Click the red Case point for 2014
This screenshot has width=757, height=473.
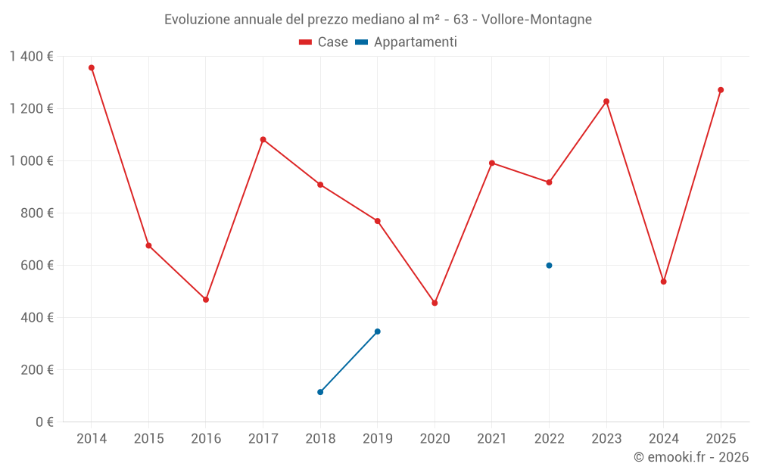point(92,67)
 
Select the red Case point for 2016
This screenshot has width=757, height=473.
point(206,300)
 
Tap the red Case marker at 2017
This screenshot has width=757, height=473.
point(263,139)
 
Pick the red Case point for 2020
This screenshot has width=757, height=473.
point(435,303)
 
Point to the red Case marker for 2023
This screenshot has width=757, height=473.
point(606,101)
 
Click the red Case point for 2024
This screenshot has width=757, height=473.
point(663,282)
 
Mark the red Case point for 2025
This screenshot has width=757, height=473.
point(721,90)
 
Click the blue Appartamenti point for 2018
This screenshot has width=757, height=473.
point(320,392)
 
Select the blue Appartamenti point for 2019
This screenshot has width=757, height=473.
point(377,331)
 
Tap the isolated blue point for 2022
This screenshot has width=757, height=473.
point(549,266)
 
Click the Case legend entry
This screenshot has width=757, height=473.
point(324,42)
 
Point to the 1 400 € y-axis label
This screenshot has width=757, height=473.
point(31,56)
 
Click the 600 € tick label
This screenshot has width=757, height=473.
point(39,266)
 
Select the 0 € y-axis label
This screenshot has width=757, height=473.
point(45,422)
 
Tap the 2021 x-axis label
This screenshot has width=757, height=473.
point(492,439)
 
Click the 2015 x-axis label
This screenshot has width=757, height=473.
point(148,439)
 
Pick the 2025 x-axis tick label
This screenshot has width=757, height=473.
point(721,439)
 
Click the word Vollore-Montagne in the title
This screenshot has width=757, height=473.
point(538,19)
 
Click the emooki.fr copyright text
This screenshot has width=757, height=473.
point(691,457)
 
